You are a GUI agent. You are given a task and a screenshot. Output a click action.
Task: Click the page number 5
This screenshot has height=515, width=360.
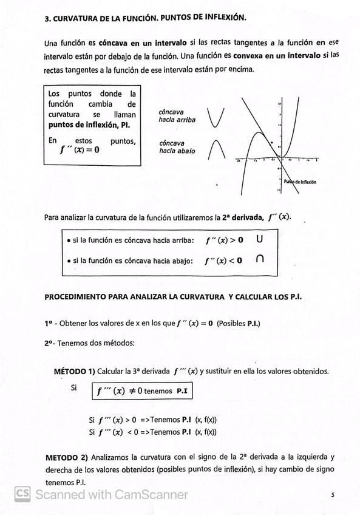coord(333,495)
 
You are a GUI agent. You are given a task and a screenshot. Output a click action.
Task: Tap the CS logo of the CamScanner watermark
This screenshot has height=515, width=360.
coord(23,494)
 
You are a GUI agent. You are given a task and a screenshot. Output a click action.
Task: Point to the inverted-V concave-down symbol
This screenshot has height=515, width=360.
coord(216,148)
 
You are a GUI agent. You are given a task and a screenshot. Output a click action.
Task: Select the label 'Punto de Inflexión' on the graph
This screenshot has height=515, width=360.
coord(299,182)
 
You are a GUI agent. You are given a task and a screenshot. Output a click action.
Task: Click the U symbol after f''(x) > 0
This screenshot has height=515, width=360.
coord(260,240)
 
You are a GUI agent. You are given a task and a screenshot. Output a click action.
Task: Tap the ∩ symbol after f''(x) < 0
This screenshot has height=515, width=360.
coord(260,259)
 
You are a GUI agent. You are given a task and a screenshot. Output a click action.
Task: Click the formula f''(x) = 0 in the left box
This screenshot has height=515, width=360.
coord(80,151)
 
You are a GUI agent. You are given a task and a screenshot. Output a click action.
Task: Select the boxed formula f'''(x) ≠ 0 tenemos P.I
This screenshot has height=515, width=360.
coord(141,391)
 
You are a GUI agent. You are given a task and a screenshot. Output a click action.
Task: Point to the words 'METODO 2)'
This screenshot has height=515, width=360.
coord(67,457)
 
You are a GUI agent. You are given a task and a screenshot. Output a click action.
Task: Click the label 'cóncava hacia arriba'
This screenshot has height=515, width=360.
coord(177,116)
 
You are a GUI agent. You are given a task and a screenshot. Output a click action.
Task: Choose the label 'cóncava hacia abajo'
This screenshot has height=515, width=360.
coord(177,147)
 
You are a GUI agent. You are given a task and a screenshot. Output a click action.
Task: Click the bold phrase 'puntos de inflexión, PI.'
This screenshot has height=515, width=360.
coord(89,125)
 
